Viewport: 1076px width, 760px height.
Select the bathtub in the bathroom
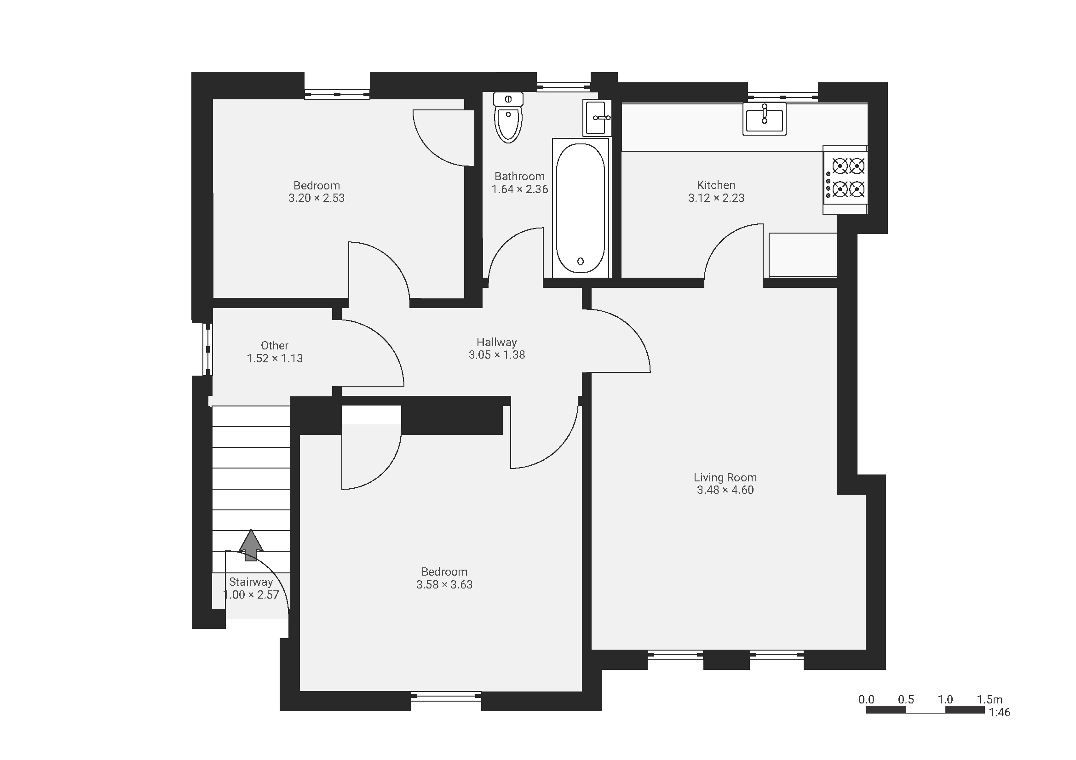pos(581,208)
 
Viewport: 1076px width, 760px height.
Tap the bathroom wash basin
pos(597,118)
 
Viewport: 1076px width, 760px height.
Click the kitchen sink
pos(765,119)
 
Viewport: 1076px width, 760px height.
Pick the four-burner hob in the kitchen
pos(845,179)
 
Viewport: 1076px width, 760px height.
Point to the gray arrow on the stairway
pos(251,545)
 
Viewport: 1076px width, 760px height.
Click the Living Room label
pos(725,478)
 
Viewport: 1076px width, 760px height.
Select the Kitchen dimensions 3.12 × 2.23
pos(716,198)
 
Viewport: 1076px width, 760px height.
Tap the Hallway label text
pos(497,343)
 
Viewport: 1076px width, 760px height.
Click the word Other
pos(275,346)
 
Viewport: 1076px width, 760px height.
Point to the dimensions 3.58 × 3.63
pos(444,584)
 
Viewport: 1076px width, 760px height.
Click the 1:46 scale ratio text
pos(999,713)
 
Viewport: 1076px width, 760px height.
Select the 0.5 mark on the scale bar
pos(906,700)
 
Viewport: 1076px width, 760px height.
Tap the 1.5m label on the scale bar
pos(990,700)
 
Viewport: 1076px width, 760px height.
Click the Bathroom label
pos(520,177)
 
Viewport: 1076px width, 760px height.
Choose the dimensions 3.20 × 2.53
pos(316,198)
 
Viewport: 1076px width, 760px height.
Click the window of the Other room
pos(207,349)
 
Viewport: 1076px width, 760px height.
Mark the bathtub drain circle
pos(581,261)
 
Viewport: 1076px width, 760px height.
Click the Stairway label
pos(251,582)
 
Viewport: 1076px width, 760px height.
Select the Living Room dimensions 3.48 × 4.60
pos(725,490)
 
